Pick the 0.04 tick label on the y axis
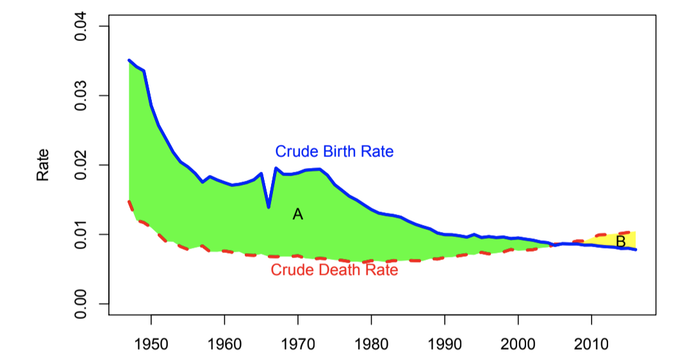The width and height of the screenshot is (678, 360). click(81, 26)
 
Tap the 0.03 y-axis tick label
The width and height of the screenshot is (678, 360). click(81, 95)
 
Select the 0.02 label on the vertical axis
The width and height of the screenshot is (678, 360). click(81, 165)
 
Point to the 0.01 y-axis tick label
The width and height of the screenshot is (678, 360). click(81, 234)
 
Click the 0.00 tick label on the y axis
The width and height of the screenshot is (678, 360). click(81, 304)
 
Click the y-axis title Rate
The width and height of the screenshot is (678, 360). click(43, 165)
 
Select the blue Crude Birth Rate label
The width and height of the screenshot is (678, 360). click(334, 152)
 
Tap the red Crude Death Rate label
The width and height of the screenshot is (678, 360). click(334, 270)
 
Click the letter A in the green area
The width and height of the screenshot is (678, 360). click(297, 215)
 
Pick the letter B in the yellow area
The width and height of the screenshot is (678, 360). click(620, 241)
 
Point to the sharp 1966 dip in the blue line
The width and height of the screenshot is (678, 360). click(269, 207)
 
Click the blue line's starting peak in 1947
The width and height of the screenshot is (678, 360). click(129, 61)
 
